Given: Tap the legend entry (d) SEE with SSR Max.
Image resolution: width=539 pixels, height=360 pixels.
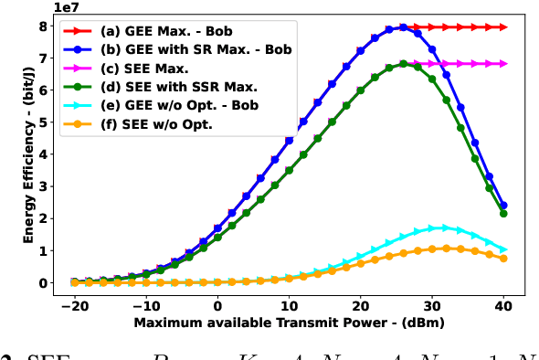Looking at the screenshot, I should coord(168,86).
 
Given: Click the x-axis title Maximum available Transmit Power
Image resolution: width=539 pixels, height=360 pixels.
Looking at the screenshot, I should coord(289,324).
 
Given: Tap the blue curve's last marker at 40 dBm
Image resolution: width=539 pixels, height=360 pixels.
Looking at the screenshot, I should coord(503,206).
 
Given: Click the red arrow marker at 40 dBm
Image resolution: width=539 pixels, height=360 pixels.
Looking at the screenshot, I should coord(503,27).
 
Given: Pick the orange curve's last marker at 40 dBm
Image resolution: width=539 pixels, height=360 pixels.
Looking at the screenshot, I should coord(503,259).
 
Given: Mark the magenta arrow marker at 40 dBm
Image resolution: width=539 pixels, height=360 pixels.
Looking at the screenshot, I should coord(503,64).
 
